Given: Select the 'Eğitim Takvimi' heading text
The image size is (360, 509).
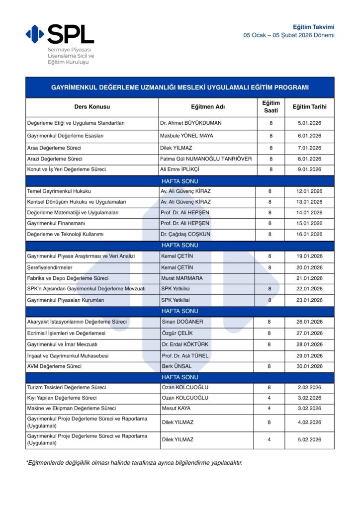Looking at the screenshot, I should coord(313,27).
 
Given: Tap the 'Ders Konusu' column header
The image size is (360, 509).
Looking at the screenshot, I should coord(92,107).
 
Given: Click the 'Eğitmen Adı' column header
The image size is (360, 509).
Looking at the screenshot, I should coord(208,107).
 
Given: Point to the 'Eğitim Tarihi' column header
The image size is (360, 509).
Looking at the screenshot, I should coord(309,107).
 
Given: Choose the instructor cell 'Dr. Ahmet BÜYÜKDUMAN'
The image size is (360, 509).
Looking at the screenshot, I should coord(191,123).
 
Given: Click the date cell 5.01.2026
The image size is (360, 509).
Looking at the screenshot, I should coord(309,123).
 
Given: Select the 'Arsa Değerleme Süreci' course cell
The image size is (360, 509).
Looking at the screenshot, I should coord(55,148).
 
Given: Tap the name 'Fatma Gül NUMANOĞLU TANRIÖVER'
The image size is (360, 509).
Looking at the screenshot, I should coord(206,159).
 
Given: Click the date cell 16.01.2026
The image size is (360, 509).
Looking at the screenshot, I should coord(309,234).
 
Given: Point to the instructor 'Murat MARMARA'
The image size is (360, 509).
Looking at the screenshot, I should coord(182,278).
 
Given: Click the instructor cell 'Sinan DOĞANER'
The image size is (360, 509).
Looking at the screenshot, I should coord(182,322).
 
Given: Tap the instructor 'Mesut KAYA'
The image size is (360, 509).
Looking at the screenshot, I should coord(176,409).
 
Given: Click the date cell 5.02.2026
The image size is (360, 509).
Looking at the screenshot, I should coord(309,439).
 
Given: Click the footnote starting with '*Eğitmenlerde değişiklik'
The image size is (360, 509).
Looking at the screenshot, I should coord(134,463).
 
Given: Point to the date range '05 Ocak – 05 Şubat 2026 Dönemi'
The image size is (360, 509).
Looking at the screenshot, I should coord(288,35).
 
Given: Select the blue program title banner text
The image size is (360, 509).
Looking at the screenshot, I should coord(180,87).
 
